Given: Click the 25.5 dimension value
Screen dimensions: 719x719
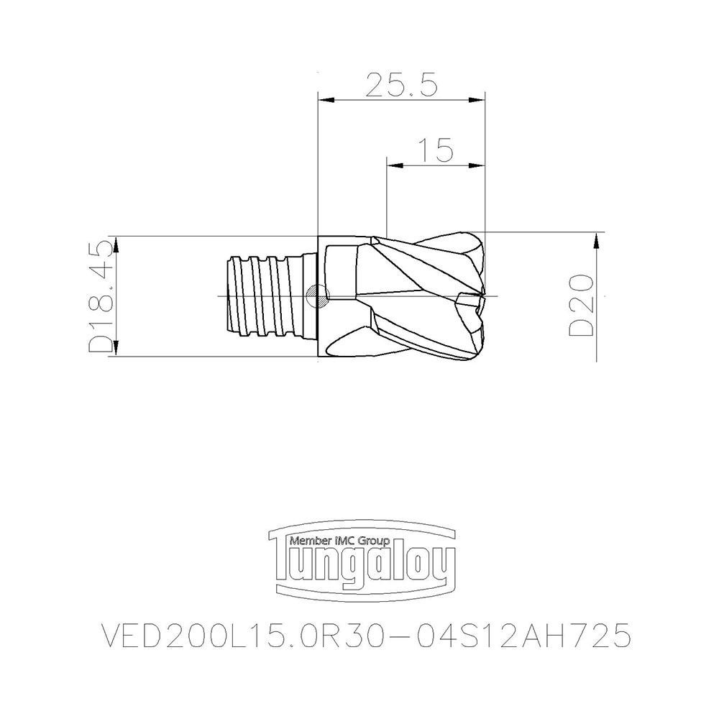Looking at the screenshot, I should (x=401, y=85).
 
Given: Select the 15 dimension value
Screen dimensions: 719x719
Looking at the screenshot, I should (x=435, y=150).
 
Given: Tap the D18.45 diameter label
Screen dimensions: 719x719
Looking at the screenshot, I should (x=101, y=296).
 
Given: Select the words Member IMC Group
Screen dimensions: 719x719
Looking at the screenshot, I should (x=339, y=540).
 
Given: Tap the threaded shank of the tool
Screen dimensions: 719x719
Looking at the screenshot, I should (x=262, y=296).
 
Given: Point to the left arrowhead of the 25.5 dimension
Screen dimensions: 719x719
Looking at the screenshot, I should (x=322, y=100).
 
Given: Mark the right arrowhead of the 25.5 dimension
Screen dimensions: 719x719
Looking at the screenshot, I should (x=480, y=100).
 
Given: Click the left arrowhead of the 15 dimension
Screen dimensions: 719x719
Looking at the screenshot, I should (x=391, y=165).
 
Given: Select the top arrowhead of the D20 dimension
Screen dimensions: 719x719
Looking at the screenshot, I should (x=597, y=237).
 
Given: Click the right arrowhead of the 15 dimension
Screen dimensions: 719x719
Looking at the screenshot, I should (x=480, y=165).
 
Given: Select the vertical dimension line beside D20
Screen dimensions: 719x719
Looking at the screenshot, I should (x=597, y=316).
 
